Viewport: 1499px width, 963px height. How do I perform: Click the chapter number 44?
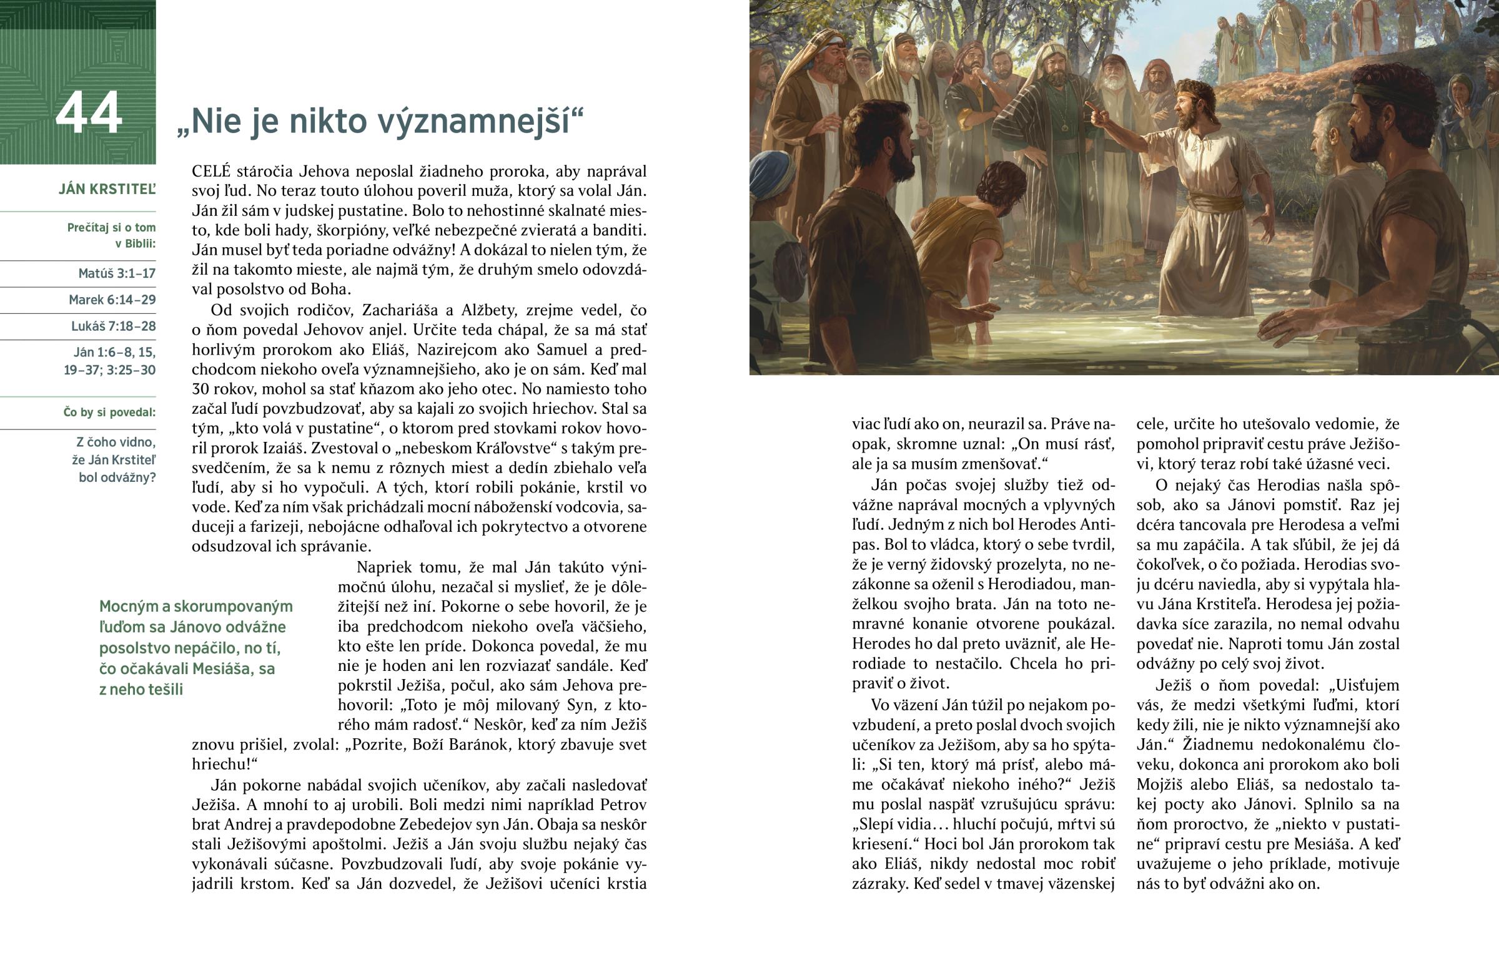click(x=88, y=113)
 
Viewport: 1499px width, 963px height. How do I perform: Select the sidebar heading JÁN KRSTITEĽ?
click(x=107, y=190)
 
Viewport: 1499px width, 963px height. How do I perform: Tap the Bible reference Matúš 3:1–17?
click(x=116, y=273)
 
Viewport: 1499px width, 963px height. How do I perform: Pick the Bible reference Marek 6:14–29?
click(x=112, y=300)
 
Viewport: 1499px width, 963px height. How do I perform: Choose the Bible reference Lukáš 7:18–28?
click(x=113, y=326)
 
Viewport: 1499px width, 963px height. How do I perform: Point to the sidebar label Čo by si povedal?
click(x=109, y=412)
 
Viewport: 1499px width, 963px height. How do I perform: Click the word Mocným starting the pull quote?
click(x=134, y=606)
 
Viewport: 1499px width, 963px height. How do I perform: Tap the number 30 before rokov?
click(x=200, y=389)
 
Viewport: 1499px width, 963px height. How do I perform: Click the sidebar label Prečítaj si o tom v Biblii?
click(x=111, y=235)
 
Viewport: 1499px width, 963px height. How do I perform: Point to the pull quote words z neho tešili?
click(x=141, y=690)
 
